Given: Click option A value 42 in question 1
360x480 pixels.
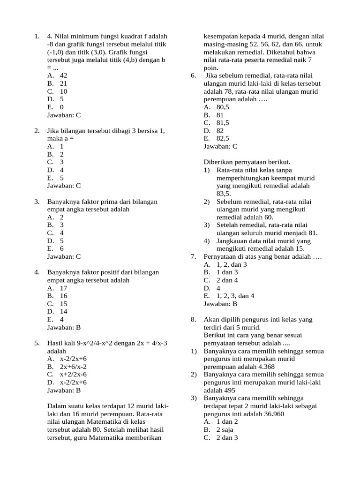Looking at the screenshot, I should pos(63,75).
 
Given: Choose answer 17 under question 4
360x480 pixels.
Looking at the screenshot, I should pos(63,288).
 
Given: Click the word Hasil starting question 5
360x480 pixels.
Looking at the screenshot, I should pos(56,343).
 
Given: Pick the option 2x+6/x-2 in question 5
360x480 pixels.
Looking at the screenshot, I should pos(74,367).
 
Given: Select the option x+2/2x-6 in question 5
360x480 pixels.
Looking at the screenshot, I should pos(74,375).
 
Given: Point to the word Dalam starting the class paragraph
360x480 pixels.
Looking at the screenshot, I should pos(57,406).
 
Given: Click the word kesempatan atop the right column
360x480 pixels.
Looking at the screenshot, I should pos(223,36).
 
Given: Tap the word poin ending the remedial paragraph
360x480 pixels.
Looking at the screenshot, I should pos(210,68).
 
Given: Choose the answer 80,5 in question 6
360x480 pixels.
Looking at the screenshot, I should pos(223,107).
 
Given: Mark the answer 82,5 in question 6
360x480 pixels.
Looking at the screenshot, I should pos(223,138).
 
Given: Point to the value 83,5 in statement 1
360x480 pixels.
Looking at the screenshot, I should pos(224,194).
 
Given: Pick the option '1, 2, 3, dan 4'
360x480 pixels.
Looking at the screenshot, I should pos(235,296).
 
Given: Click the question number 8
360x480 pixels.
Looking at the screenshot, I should pos(193,320).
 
